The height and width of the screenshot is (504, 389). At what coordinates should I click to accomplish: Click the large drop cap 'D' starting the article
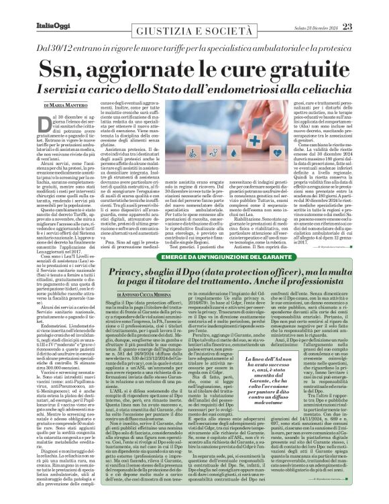coord(40,121)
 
